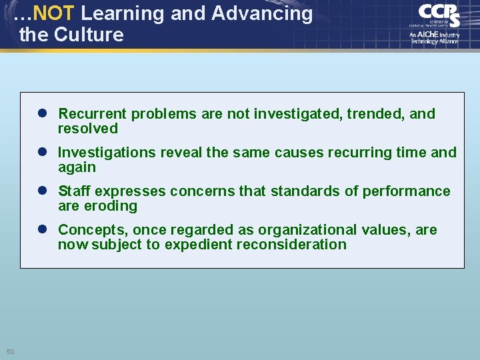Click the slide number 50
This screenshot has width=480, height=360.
pos(11,351)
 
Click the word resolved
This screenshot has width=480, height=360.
pos(88,129)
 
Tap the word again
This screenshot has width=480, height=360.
pos(77,167)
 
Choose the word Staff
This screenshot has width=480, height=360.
pos(75,191)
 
